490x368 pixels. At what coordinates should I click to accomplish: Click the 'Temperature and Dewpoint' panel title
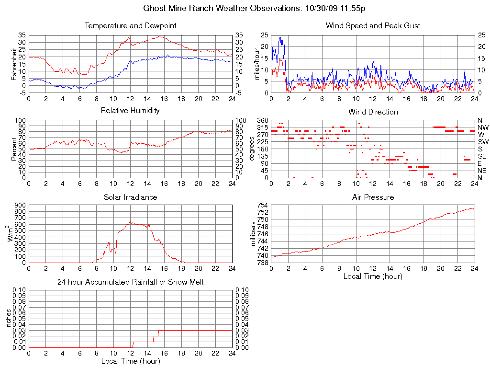coord(130,25)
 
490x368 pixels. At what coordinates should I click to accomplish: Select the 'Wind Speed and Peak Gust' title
coord(373,25)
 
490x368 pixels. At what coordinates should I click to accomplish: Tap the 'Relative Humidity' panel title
coord(130,111)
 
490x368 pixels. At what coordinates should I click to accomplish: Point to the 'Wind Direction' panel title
coord(373,112)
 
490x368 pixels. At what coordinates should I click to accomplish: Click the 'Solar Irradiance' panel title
coord(130,197)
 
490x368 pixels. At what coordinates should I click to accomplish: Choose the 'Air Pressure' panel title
coord(373,197)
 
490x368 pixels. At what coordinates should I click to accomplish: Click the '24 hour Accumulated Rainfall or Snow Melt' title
coord(130,282)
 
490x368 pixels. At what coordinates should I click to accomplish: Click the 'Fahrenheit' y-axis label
coord(14,64)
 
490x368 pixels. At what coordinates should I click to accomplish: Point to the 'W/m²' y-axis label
coord(11,234)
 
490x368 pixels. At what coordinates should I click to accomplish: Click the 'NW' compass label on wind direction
coord(483,127)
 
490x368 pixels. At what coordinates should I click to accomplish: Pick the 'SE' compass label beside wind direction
coord(482,156)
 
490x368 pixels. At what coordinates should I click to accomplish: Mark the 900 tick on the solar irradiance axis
coord(20,205)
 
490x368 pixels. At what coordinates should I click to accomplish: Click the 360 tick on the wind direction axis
coord(262,120)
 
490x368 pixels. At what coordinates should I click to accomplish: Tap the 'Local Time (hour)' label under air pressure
coord(373,276)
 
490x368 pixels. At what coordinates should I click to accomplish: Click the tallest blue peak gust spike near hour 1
coord(280,38)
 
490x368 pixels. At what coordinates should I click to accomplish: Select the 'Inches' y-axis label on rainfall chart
coord(8,319)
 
